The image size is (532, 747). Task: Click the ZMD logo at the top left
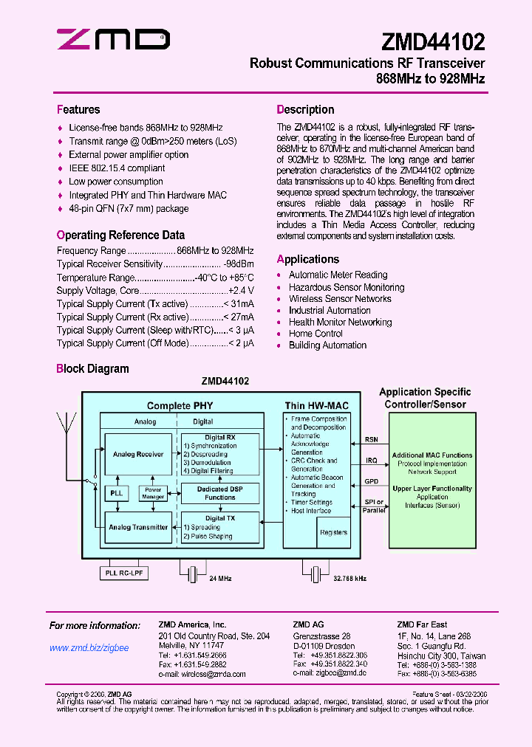[114, 39]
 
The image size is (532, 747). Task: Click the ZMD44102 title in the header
[434, 40]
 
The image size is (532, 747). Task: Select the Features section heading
[78, 110]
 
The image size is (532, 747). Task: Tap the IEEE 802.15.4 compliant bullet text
[117, 168]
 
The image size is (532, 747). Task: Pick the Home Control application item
[316, 334]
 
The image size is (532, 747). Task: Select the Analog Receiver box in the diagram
[138, 455]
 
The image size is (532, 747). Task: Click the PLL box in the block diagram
[116, 492]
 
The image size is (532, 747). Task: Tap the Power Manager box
[153, 492]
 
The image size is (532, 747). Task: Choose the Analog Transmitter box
[138, 527]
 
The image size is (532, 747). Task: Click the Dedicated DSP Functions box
[220, 493]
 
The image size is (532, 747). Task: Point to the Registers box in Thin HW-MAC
[332, 531]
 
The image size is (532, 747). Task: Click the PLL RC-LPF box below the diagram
[123, 573]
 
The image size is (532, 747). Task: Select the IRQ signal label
[371, 460]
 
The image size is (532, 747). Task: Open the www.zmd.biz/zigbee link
[89, 648]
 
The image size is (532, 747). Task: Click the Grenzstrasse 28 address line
[321, 636]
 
